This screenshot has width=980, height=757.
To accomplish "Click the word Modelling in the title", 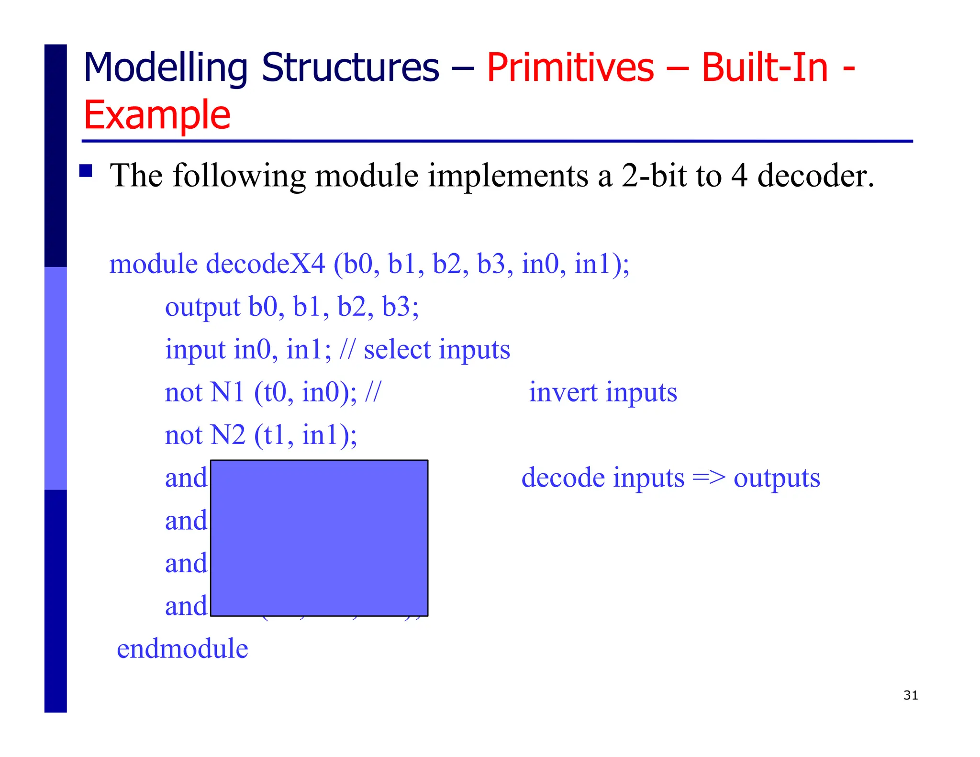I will coord(165,68).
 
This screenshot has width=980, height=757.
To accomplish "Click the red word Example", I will coord(157,115).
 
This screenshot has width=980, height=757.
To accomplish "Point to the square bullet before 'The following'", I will coord(86,171).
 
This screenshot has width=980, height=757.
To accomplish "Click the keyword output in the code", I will coord(202,307).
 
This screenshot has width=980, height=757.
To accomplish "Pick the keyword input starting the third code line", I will coord(195,349).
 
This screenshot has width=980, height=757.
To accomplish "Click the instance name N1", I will coord(227,392).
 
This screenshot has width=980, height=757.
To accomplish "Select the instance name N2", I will coord(228,435).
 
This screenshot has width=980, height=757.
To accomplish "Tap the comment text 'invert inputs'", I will coord(603,392).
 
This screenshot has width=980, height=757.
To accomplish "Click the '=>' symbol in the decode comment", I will coord(709,478).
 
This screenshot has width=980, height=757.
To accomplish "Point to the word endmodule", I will coord(182,649).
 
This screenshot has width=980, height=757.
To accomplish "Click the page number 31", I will coord(910,695).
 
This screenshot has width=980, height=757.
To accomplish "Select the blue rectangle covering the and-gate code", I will coord(319,538).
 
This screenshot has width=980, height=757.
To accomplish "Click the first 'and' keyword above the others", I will coord(186,478).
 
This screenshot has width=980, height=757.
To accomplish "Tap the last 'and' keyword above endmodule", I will coord(186,606).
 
